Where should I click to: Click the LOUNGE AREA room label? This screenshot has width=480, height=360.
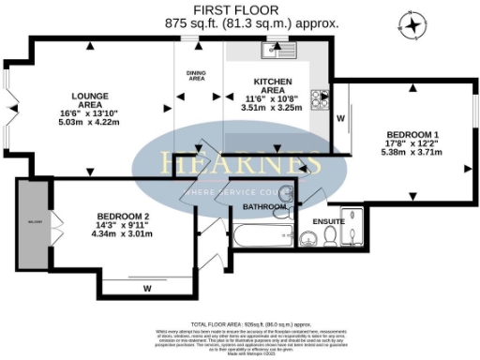click(x=91, y=96)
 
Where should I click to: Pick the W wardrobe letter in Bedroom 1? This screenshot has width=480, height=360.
click(x=340, y=119)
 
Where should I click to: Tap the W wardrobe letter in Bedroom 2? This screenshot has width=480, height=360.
click(x=147, y=288)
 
